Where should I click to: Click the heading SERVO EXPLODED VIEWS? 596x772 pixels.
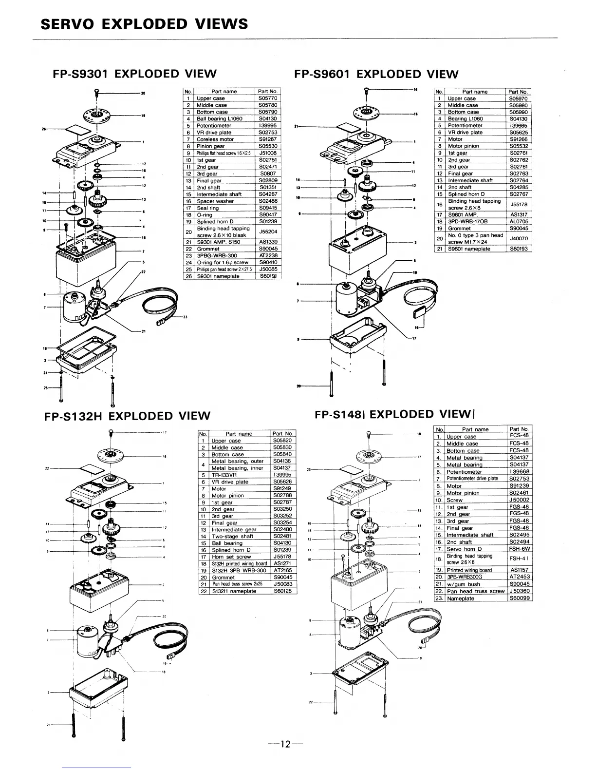pyautogui.click(x=145, y=24)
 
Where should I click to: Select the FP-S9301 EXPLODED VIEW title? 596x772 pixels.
pyautogui.click(x=134, y=74)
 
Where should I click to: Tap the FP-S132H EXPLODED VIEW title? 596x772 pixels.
pyautogui.click(x=126, y=416)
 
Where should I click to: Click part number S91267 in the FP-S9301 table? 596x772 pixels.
pyautogui.click(x=268, y=139)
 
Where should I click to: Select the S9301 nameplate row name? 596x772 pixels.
pyautogui.click(x=218, y=276)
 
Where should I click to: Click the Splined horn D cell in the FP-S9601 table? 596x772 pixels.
pyautogui.click(x=466, y=194)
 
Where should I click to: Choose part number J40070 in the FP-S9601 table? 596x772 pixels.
pyautogui.click(x=519, y=238)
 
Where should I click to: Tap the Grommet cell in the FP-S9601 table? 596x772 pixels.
pyautogui.click(x=459, y=228)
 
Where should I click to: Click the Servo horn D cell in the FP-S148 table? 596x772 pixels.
pyautogui.click(x=464, y=549)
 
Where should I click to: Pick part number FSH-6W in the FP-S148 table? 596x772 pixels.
pyautogui.click(x=519, y=549)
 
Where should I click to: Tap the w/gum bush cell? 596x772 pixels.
pyautogui.click(x=464, y=584)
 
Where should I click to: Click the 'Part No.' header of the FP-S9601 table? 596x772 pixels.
pyautogui.click(x=518, y=92)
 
